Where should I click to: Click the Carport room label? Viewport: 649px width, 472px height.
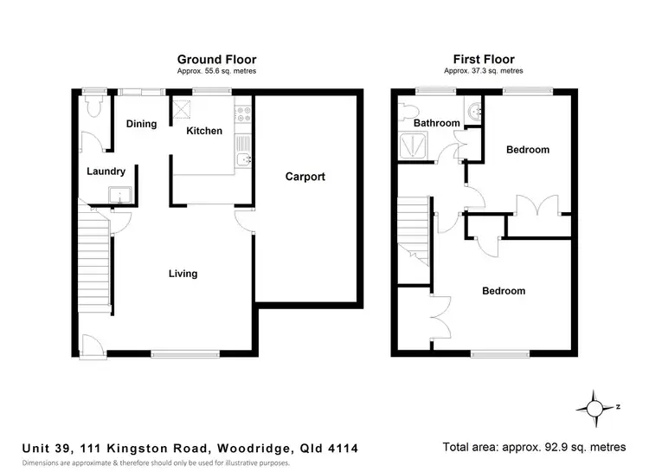coord(305,177)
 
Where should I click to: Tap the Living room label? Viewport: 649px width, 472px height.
coord(183,274)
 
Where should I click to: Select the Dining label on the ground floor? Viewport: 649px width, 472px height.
coord(141,124)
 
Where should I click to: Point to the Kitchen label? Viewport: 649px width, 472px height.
coord(205,131)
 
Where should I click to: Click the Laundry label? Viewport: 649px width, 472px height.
coord(106,171)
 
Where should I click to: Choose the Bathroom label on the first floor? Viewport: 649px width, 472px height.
coord(436,123)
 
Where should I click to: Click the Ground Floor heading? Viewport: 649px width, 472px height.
coord(216,60)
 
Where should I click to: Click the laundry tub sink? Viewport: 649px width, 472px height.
coord(119,195)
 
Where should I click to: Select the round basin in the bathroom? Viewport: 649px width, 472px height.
coord(472,111)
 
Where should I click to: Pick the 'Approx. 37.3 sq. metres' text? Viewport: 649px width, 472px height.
coord(483,70)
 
